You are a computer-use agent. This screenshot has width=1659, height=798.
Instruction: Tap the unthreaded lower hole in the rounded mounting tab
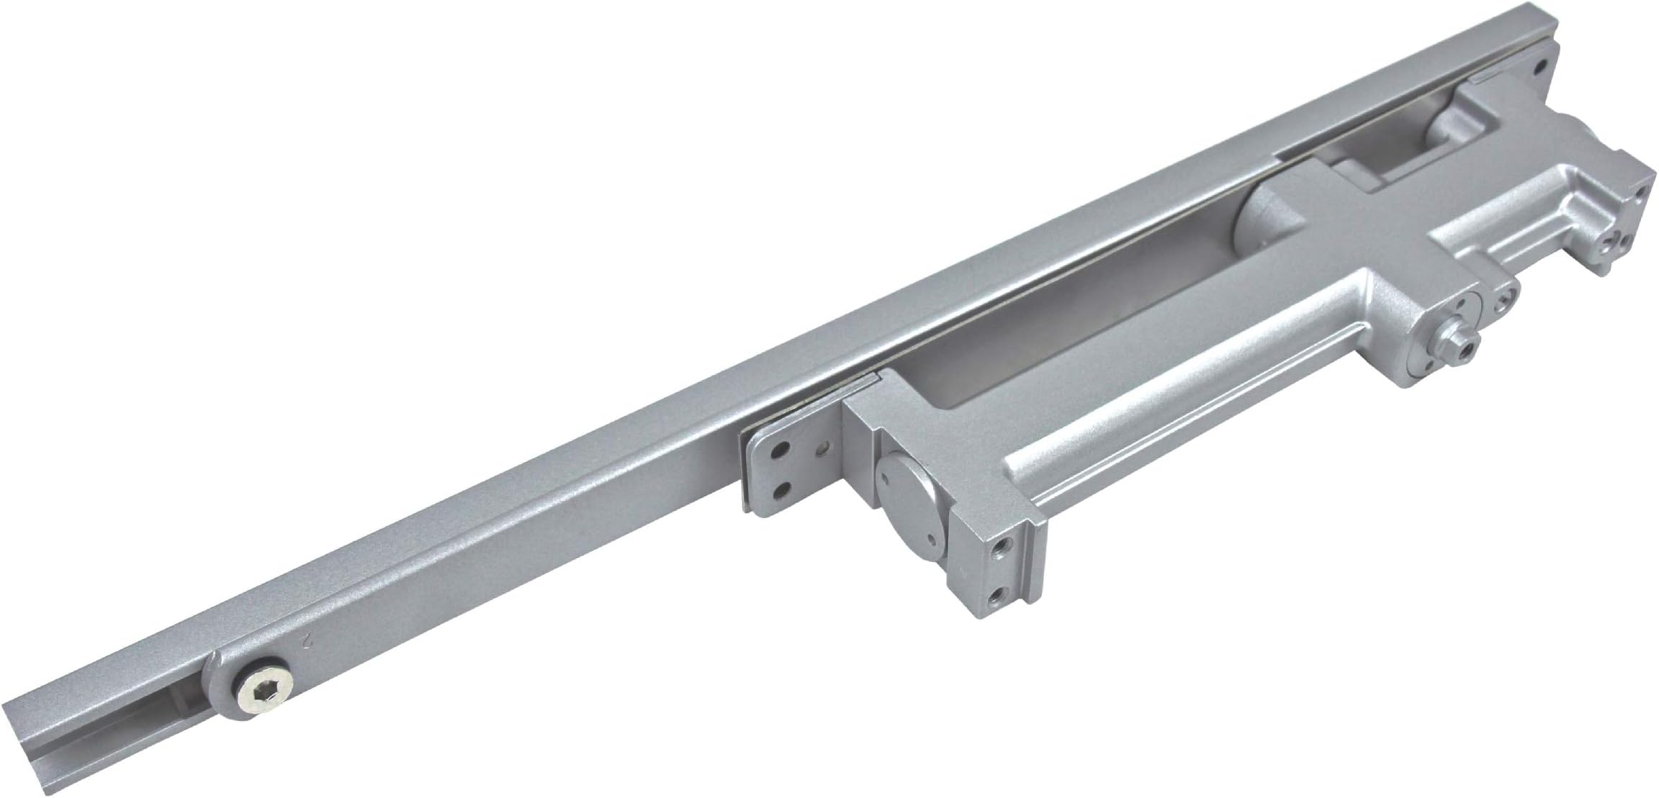[x=779, y=488]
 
